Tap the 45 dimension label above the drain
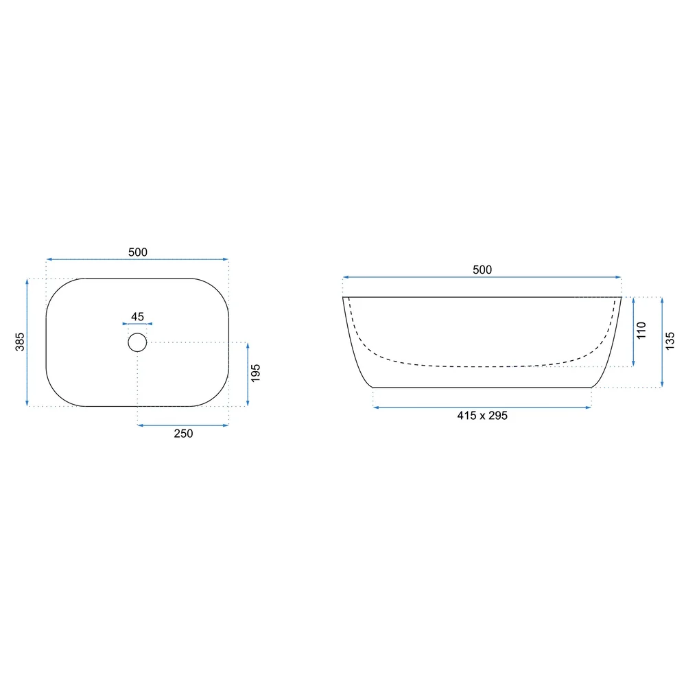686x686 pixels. coord(137,316)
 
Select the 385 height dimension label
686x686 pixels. coord(20,342)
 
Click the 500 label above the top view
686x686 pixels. coord(138,252)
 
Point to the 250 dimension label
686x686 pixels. coord(183,434)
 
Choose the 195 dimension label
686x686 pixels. coord(256,373)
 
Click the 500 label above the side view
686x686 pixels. coord(482,270)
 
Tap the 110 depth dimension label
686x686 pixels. coord(641,331)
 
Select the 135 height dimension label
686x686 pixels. coord(670,341)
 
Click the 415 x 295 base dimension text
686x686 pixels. coord(482,416)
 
